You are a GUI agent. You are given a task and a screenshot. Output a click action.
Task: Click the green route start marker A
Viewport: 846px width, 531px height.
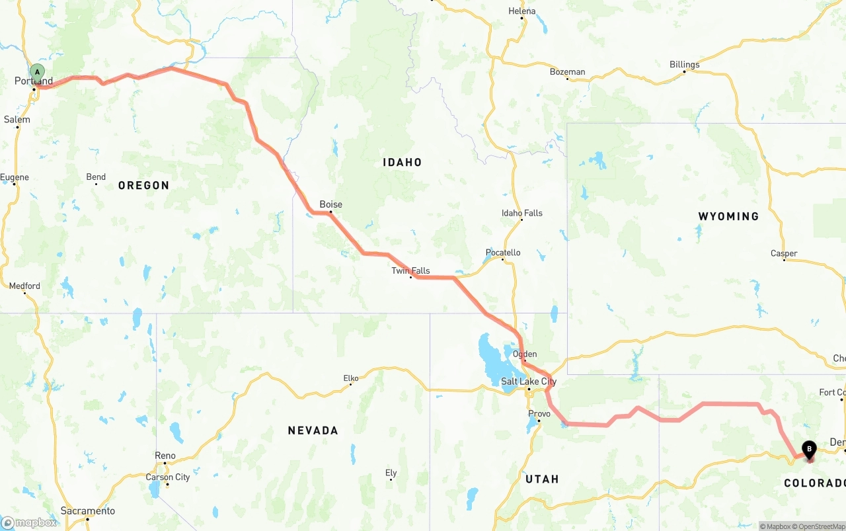pyautogui.click(x=38, y=72)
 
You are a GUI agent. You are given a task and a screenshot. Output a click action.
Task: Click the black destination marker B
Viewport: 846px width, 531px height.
pyautogui.click(x=809, y=450)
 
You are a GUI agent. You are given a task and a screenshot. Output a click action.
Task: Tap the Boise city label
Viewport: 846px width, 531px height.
pyautogui.click(x=330, y=204)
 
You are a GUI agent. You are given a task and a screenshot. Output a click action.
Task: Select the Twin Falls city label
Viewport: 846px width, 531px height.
pyautogui.click(x=410, y=270)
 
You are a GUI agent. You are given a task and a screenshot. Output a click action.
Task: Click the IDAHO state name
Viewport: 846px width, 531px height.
pyautogui.click(x=402, y=162)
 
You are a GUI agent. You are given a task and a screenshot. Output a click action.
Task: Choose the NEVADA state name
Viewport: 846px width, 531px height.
pyautogui.click(x=313, y=430)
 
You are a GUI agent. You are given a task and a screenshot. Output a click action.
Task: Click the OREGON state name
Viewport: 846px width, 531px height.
pyautogui.click(x=143, y=185)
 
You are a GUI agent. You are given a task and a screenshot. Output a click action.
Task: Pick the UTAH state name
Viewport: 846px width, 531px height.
pyautogui.click(x=542, y=479)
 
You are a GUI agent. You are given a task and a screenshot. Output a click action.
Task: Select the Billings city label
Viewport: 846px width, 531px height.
pyautogui.click(x=684, y=65)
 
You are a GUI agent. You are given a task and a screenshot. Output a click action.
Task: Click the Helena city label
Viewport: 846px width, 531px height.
pyautogui.click(x=522, y=11)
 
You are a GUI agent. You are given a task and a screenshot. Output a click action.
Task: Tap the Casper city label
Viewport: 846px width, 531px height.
pyautogui.click(x=784, y=253)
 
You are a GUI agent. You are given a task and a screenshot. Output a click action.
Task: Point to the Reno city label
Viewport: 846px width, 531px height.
pyautogui.click(x=165, y=456)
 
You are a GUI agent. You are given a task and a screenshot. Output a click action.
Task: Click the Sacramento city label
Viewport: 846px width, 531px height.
pyautogui.click(x=87, y=511)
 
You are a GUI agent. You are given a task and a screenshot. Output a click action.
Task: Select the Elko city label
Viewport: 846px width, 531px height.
pyautogui.click(x=350, y=378)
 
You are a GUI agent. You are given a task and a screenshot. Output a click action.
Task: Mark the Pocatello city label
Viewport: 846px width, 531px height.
pyautogui.click(x=503, y=253)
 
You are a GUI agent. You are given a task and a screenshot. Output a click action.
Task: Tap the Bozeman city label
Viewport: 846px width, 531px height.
pyautogui.click(x=567, y=72)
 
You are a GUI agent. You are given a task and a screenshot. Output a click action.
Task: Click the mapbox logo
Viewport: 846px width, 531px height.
pyautogui.click(x=29, y=522)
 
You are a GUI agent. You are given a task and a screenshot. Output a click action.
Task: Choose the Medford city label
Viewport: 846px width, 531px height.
pyautogui.click(x=24, y=286)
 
